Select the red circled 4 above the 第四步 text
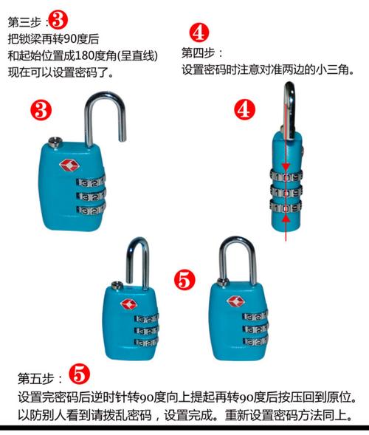(199, 33)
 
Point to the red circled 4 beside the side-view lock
(244, 109)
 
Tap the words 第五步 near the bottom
(34, 378)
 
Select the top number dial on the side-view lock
(287, 176)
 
